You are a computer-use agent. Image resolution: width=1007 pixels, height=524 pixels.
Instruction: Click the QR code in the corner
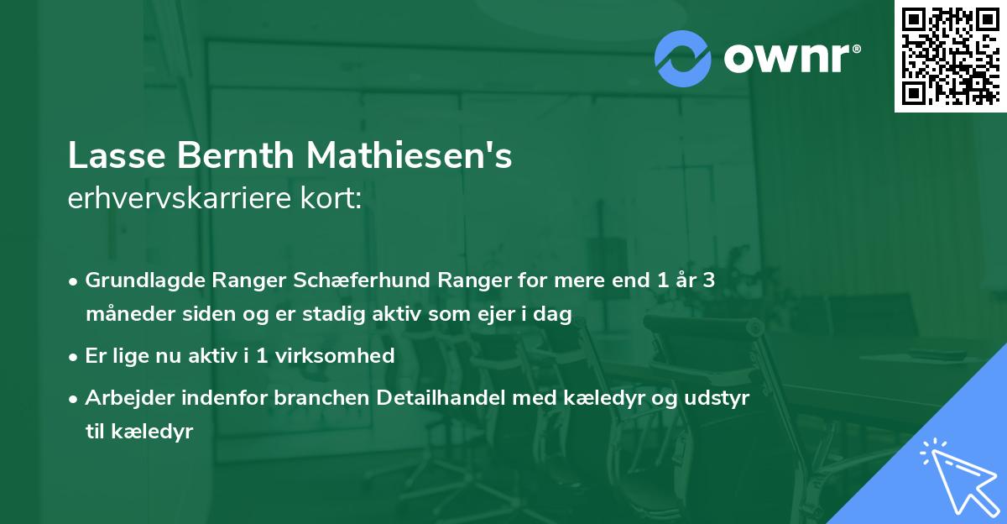[x=950, y=56]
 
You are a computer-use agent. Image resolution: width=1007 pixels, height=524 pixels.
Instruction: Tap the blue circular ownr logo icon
[x=683, y=58]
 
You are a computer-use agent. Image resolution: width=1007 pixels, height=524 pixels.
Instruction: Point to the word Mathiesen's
[x=409, y=157]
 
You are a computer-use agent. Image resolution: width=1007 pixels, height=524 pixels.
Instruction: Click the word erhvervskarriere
[x=187, y=199]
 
